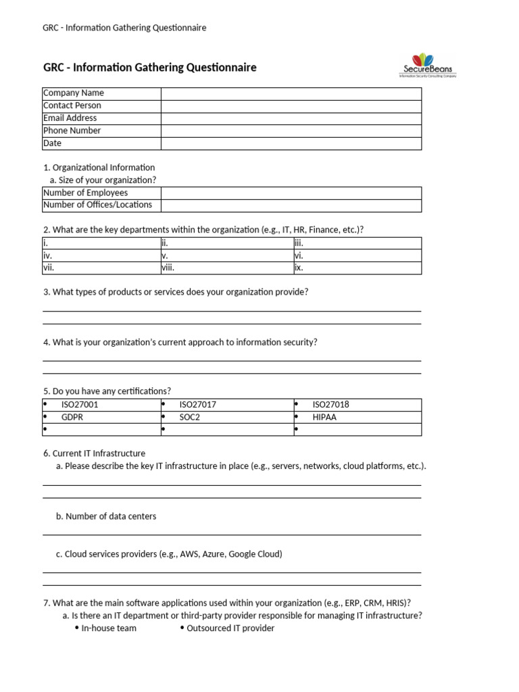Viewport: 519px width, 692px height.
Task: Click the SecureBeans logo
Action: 427,66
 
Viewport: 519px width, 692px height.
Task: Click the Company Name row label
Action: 74,93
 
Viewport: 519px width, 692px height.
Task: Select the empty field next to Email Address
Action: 291,118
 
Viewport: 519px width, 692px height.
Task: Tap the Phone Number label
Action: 72,130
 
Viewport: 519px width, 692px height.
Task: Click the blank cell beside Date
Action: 291,143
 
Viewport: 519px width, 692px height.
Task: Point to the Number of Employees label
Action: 85,193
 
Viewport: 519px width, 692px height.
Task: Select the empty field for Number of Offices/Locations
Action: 291,205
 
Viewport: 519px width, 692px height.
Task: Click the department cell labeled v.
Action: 226,256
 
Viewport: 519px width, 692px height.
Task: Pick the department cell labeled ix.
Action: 357,268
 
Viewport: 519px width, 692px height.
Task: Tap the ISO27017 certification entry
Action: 197,405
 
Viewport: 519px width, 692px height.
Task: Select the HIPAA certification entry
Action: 324,418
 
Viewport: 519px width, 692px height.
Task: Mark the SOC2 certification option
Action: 190,418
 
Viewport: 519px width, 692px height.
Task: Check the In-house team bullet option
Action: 108,628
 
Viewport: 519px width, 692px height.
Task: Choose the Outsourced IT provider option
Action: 230,628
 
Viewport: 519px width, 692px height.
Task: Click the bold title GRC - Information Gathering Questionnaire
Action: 149,68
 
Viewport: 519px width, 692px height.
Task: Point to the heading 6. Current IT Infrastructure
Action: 94,453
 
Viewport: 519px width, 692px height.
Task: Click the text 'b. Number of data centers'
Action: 106,516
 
